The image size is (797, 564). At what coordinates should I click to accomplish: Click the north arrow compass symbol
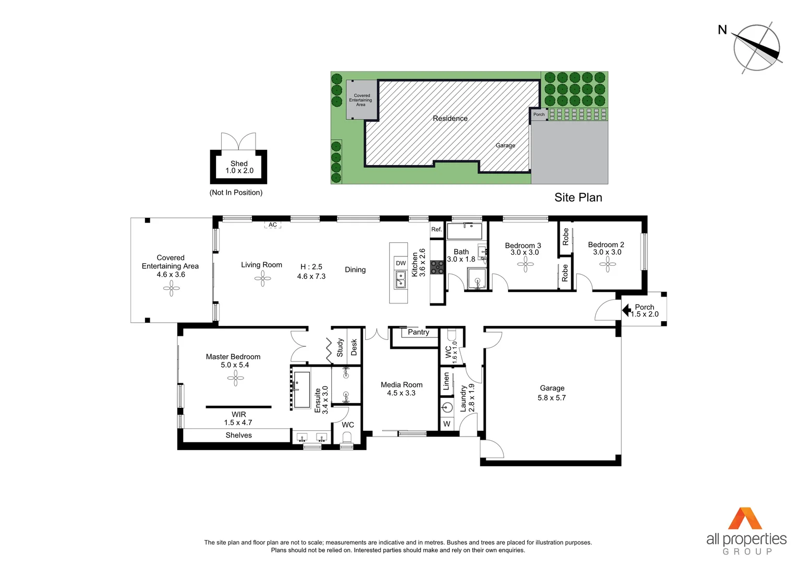[756, 48]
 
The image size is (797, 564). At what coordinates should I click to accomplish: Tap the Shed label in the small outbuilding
[239, 163]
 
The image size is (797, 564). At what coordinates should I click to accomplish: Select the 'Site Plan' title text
[578, 197]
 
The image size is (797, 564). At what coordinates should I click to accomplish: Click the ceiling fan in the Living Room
[262, 278]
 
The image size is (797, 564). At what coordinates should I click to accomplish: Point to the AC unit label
[273, 225]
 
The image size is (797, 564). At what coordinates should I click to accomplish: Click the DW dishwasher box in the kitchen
[401, 263]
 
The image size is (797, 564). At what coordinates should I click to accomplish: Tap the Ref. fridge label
[437, 229]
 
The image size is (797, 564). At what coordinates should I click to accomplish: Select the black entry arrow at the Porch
[626, 310]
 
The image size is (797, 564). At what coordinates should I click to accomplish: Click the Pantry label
[418, 332]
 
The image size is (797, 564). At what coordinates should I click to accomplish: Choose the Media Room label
[402, 385]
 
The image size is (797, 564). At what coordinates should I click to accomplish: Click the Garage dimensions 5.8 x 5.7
[552, 398]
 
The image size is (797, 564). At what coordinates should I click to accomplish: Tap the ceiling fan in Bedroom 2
[608, 264]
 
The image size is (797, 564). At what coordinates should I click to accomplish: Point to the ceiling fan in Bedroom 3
[525, 264]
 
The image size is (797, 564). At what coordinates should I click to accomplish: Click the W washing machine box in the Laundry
[446, 424]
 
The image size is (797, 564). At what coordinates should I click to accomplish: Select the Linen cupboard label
[446, 381]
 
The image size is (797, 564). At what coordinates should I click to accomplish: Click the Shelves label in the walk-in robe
[238, 435]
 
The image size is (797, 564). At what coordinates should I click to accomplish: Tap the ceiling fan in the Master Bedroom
[236, 378]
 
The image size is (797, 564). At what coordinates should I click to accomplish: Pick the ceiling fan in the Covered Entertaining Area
[171, 288]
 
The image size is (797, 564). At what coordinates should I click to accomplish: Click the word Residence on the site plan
[450, 119]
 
